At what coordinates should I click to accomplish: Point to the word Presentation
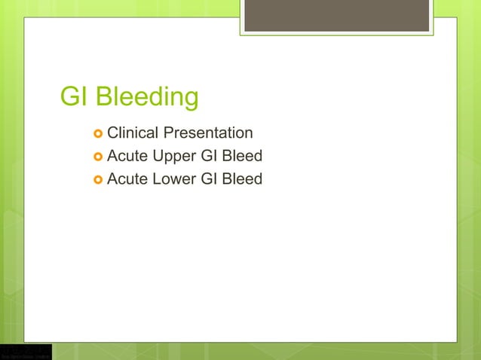pos(208,133)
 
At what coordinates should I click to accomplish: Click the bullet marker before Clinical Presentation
pos(97,134)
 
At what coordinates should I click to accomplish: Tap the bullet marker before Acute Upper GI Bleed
pos(97,157)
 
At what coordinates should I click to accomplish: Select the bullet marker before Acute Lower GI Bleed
pos(97,179)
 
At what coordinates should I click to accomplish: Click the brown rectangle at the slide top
pos(336,15)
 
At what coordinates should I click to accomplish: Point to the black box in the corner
pos(26,352)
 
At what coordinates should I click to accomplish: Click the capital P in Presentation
pos(169,133)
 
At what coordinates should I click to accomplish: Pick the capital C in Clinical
pos(113,133)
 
